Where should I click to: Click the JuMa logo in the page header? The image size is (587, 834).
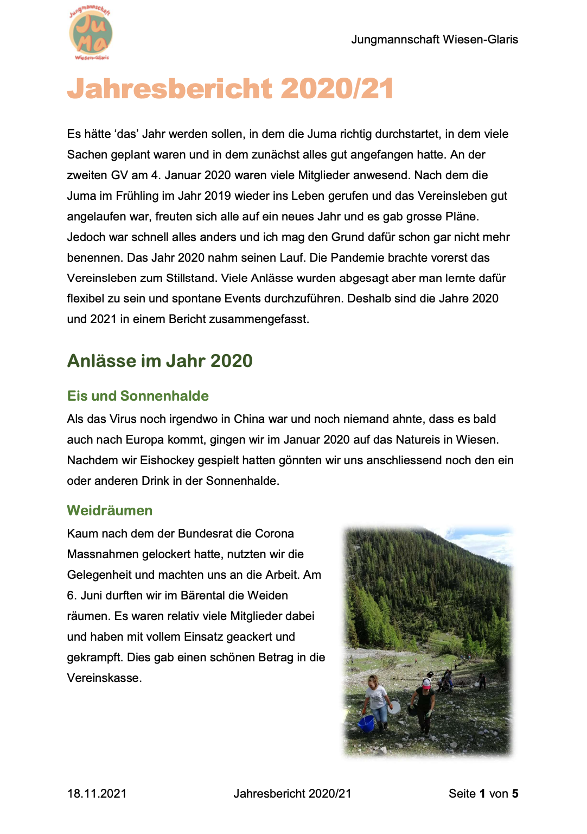91,34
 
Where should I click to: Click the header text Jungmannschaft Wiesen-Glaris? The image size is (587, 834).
434,40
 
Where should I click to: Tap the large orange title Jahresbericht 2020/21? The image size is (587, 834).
230,89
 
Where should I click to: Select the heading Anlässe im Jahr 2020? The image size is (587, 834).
159,361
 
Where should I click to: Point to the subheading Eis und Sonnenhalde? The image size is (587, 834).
138,396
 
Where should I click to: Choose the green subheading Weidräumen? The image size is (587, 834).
110,510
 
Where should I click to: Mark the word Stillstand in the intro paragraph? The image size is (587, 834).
192,279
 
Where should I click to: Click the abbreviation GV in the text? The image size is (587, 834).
119,175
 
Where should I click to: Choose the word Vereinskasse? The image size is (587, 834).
104,678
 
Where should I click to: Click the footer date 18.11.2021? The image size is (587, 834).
97,794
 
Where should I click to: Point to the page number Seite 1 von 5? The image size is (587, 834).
483,794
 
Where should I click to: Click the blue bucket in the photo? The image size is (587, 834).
366,723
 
